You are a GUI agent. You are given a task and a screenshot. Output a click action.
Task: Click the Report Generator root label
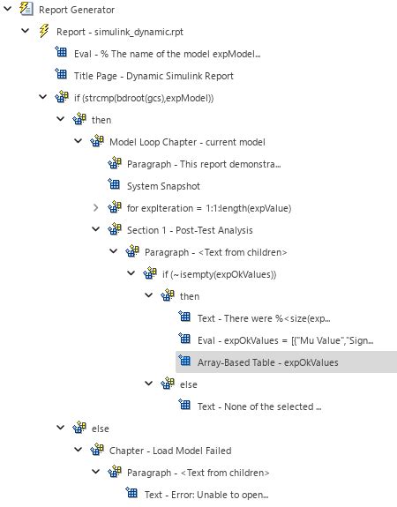(77, 10)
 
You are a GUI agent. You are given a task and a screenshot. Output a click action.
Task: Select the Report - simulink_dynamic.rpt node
(120, 32)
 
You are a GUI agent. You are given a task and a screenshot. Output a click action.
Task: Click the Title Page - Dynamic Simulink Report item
(154, 76)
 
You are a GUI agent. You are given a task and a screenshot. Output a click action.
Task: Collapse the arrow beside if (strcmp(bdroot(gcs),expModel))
(42, 97)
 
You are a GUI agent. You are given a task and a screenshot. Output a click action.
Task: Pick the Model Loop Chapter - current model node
(187, 142)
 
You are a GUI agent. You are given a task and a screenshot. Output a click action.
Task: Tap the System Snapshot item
(163, 186)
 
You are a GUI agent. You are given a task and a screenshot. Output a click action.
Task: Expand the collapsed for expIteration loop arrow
(96, 207)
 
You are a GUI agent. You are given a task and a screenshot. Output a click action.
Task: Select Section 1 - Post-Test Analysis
(190, 230)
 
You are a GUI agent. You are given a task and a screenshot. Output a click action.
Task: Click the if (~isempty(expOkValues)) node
(219, 274)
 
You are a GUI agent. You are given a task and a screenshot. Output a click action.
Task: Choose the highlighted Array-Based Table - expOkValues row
(287, 362)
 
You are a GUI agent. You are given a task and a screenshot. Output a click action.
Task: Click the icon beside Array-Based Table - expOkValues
(184, 361)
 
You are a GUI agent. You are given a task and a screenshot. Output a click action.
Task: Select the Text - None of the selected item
(259, 406)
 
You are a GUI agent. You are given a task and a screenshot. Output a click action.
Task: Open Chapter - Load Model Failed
(170, 451)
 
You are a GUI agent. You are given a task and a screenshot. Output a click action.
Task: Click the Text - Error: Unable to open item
(206, 495)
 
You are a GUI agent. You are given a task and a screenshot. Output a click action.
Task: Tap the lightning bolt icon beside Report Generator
(26, 8)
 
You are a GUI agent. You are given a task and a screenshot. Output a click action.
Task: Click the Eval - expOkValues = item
(286, 340)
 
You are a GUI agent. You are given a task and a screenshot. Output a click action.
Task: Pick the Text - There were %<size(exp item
(264, 318)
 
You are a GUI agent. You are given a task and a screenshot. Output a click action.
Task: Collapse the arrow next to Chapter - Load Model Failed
(79, 450)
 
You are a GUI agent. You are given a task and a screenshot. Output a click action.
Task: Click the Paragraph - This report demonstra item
(204, 164)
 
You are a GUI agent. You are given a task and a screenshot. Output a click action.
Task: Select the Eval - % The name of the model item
(168, 54)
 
